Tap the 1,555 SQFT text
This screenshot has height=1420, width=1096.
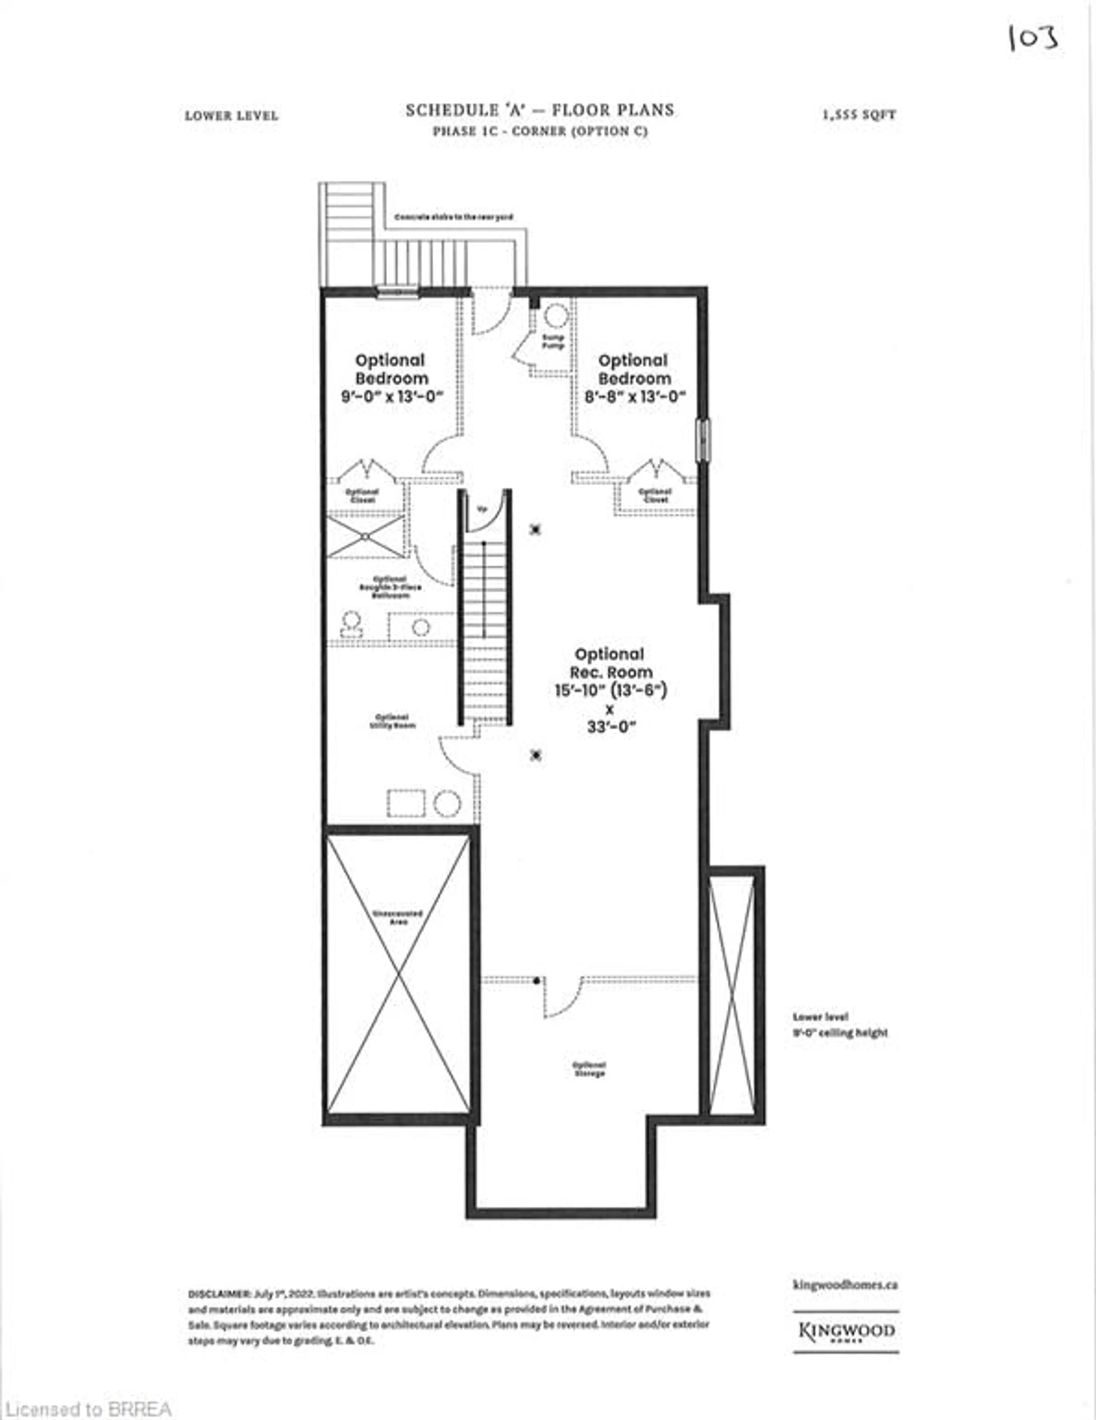pyautogui.click(x=859, y=115)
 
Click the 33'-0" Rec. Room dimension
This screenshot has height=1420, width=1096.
pyautogui.click(x=610, y=727)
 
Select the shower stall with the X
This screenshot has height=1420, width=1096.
pyautogui.click(x=365, y=537)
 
